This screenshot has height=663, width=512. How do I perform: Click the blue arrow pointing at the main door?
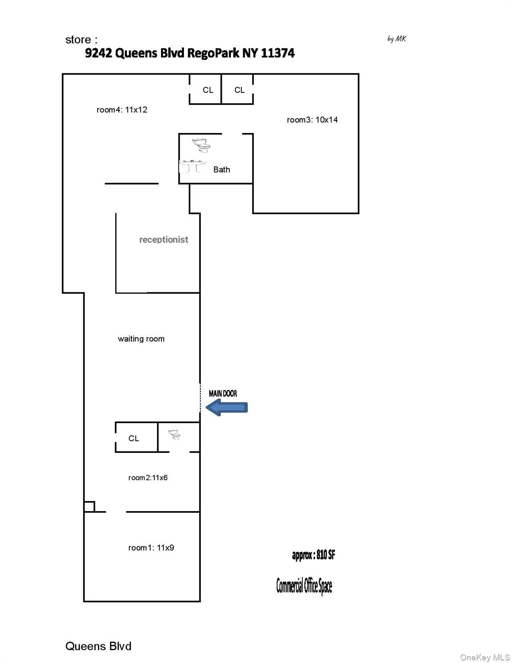pyautogui.click(x=227, y=407)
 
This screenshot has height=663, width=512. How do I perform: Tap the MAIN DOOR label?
pyautogui.click(x=223, y=393)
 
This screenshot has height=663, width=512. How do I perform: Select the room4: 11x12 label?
pyautogui.click(x=122, y=110)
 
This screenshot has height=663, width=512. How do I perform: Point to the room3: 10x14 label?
pyautogui.click(x=312, y=120)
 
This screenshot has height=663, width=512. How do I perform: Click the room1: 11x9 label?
pyautogui.click(x=151, y=548)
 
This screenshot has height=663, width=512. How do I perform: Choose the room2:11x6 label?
pyautogui.click(x=148, y=477)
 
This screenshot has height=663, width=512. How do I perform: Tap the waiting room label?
pyautogui.click(x=141, y=339)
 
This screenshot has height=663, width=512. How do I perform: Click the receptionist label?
pyautogui.click(x=164, y=240)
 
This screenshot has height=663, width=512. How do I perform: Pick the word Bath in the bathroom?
pyautogui.click(x=221, y=170)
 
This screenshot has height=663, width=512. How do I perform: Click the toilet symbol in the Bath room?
pyautogui.click(x=202, y=145)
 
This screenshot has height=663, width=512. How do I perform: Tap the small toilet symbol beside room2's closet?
pyautogui.click(x=174, y=434)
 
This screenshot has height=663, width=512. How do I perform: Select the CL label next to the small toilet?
pyautogui.click(x=134, y=438)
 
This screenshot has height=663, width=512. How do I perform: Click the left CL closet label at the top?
pyautogui.click(x=208, y=90)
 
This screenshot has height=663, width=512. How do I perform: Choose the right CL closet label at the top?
pyautogui.click(x=240, y=90)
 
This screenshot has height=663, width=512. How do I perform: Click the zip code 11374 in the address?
pyautogui.click(x=278, y=53)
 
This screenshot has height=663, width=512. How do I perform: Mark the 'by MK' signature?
pyautogui.click(x=397, y=39)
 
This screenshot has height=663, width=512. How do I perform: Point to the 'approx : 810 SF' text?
pyautogui.click(x=313, y=555)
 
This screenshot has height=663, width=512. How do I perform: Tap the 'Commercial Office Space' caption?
pyautogui.click(x=304, y=586)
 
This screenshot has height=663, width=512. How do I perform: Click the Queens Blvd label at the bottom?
pyautogui.click(x=98, y=646)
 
